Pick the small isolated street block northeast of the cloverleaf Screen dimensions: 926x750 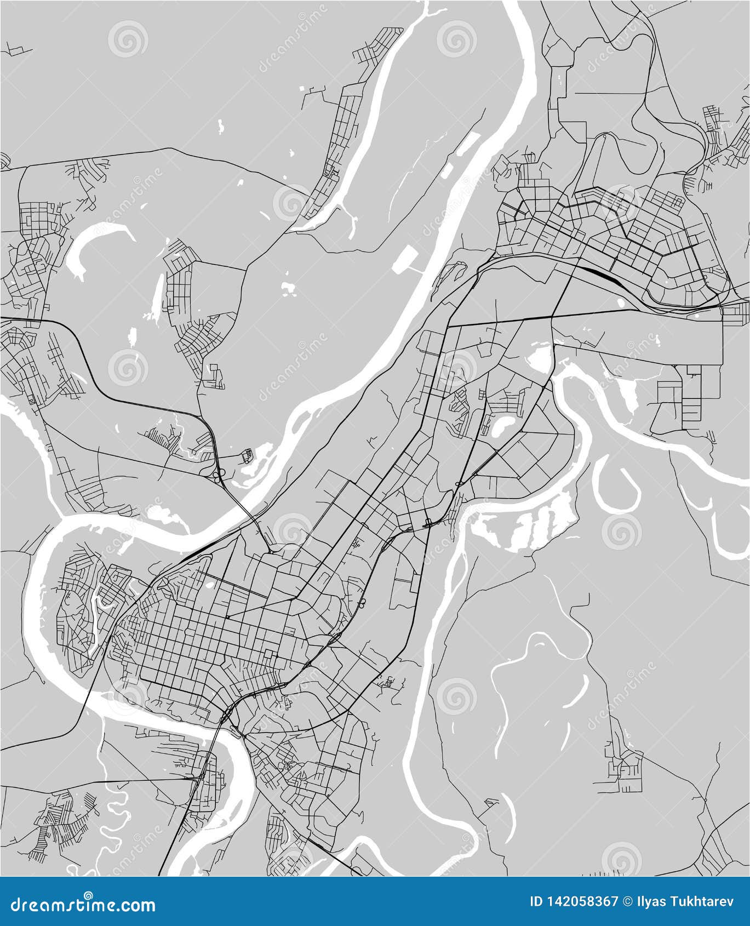pyautogui.click(x=248, y=454)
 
